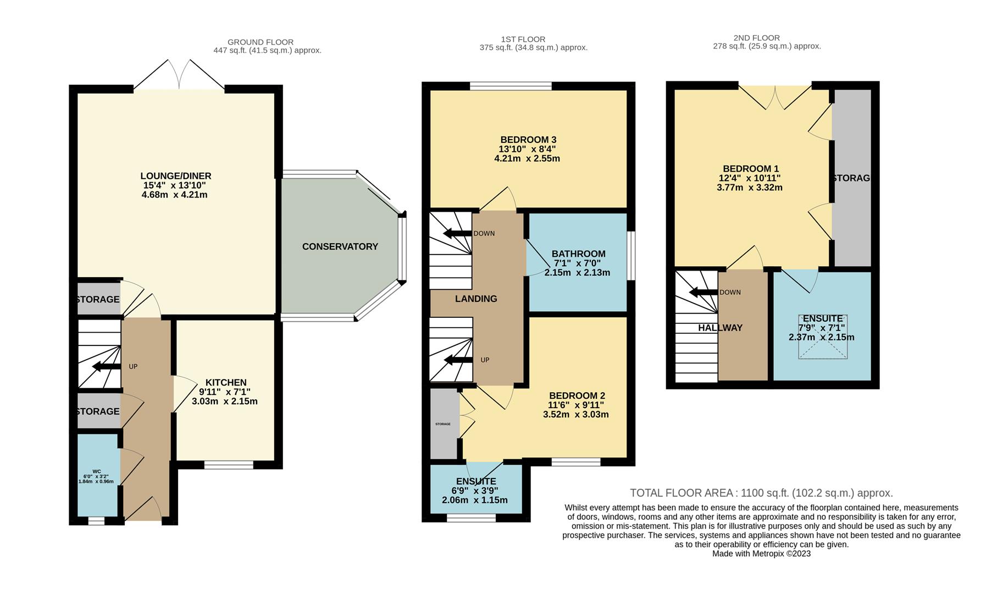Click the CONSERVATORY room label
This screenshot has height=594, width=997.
click(340, 246)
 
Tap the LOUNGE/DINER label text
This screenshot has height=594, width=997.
click(176, 176)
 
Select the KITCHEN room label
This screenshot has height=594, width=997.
click(226, 383)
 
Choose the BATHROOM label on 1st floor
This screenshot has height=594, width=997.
click(579, 254)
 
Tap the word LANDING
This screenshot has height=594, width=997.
click(476, 299)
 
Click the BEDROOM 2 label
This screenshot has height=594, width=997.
click(577, 396)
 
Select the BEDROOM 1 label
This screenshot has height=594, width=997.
click(751, 169)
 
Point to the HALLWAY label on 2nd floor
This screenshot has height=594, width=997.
click(720, 328)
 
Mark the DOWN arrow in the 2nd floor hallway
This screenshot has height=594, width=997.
click(703, 292)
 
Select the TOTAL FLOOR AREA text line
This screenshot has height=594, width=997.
click(761, 493)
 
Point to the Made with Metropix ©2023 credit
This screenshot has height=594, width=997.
click(761, 554)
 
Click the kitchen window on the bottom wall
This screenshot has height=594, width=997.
click(229, 465)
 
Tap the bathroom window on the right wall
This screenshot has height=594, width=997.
click(631, 256)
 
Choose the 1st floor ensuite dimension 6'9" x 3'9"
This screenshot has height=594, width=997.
click(474, 491)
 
